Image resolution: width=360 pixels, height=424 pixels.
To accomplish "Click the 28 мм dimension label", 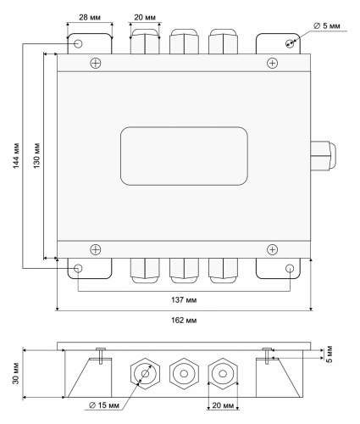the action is coord(90,18).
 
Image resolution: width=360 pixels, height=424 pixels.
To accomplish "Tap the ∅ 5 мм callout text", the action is coord(327,26).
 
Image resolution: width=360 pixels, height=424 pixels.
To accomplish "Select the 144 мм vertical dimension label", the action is coord(16,156).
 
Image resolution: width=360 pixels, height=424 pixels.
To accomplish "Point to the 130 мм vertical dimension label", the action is coord(36,156).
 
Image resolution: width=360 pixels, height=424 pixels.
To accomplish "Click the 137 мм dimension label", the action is coord(184,300).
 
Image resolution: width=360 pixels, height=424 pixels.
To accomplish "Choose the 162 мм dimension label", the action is coord(184,321).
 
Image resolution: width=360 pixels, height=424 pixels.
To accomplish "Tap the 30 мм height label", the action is coord(16,373).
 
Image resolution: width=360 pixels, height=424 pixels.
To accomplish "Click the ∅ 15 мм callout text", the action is coord(104,405).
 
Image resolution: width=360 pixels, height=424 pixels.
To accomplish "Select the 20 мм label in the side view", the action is coord(223,405).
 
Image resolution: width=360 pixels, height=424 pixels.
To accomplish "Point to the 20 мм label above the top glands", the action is coord(145,18).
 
